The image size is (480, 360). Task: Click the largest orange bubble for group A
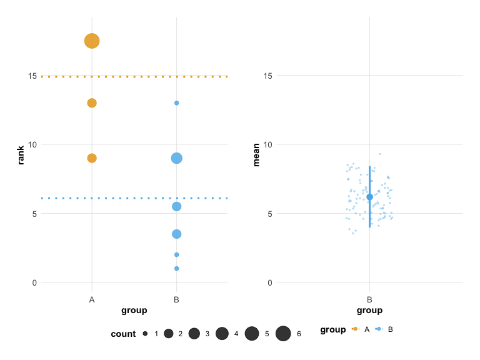92,41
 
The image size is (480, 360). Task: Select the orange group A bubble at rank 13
92,103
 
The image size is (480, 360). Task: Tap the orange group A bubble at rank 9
92,158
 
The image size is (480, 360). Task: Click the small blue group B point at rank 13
177,103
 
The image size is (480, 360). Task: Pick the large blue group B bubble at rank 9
177,158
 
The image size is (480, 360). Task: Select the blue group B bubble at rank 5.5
177,206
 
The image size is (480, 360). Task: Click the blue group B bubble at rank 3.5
177,234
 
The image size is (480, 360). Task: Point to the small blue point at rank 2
177,254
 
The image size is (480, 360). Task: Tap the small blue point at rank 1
177,269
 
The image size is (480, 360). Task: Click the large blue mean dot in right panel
369,197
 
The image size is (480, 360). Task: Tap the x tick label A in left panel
92,300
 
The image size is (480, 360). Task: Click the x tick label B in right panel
369,300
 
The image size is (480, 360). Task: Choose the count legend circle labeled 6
283,334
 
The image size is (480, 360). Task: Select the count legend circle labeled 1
145,334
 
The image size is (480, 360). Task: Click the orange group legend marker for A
356,329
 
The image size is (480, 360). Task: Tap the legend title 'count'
123,334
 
